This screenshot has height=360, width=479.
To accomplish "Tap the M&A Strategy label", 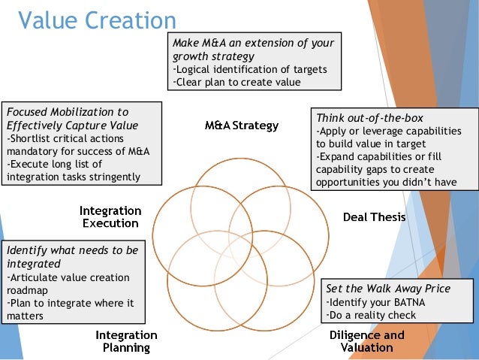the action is click(x=241, y=125).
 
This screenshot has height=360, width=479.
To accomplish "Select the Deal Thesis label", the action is click(x=374, y=218).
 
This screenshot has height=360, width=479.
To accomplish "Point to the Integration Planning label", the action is click(x=126, y=341).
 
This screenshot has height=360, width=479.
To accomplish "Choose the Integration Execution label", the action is click(x=110, y=216).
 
